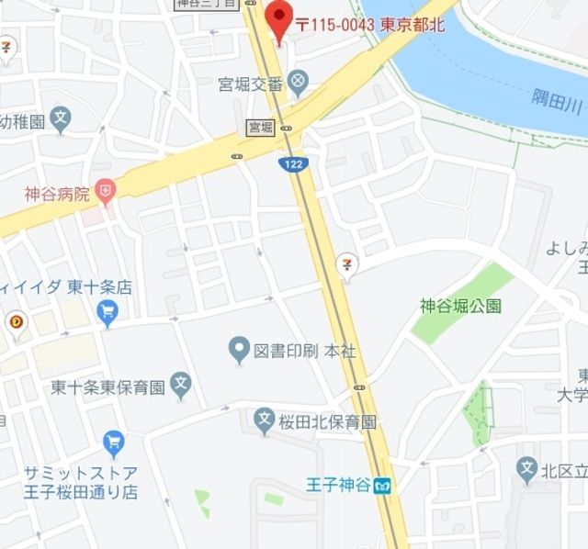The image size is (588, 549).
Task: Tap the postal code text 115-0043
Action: point(342,25)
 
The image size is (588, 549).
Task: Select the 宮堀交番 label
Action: point(250,84)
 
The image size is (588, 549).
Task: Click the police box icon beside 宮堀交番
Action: point(299,84)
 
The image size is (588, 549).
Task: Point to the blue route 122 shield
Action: point(292,163)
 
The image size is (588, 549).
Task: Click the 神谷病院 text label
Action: point(57,194)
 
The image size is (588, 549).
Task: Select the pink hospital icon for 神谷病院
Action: point(107,193)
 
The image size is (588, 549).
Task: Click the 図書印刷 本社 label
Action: point(297,349)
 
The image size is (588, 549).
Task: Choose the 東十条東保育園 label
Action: point(107,387)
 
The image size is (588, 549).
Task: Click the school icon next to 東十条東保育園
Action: point(182,387)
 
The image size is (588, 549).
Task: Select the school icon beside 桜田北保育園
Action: point(265,421)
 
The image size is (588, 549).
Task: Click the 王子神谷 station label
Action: point(340,484)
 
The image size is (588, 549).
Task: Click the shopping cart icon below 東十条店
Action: point(107,314)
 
